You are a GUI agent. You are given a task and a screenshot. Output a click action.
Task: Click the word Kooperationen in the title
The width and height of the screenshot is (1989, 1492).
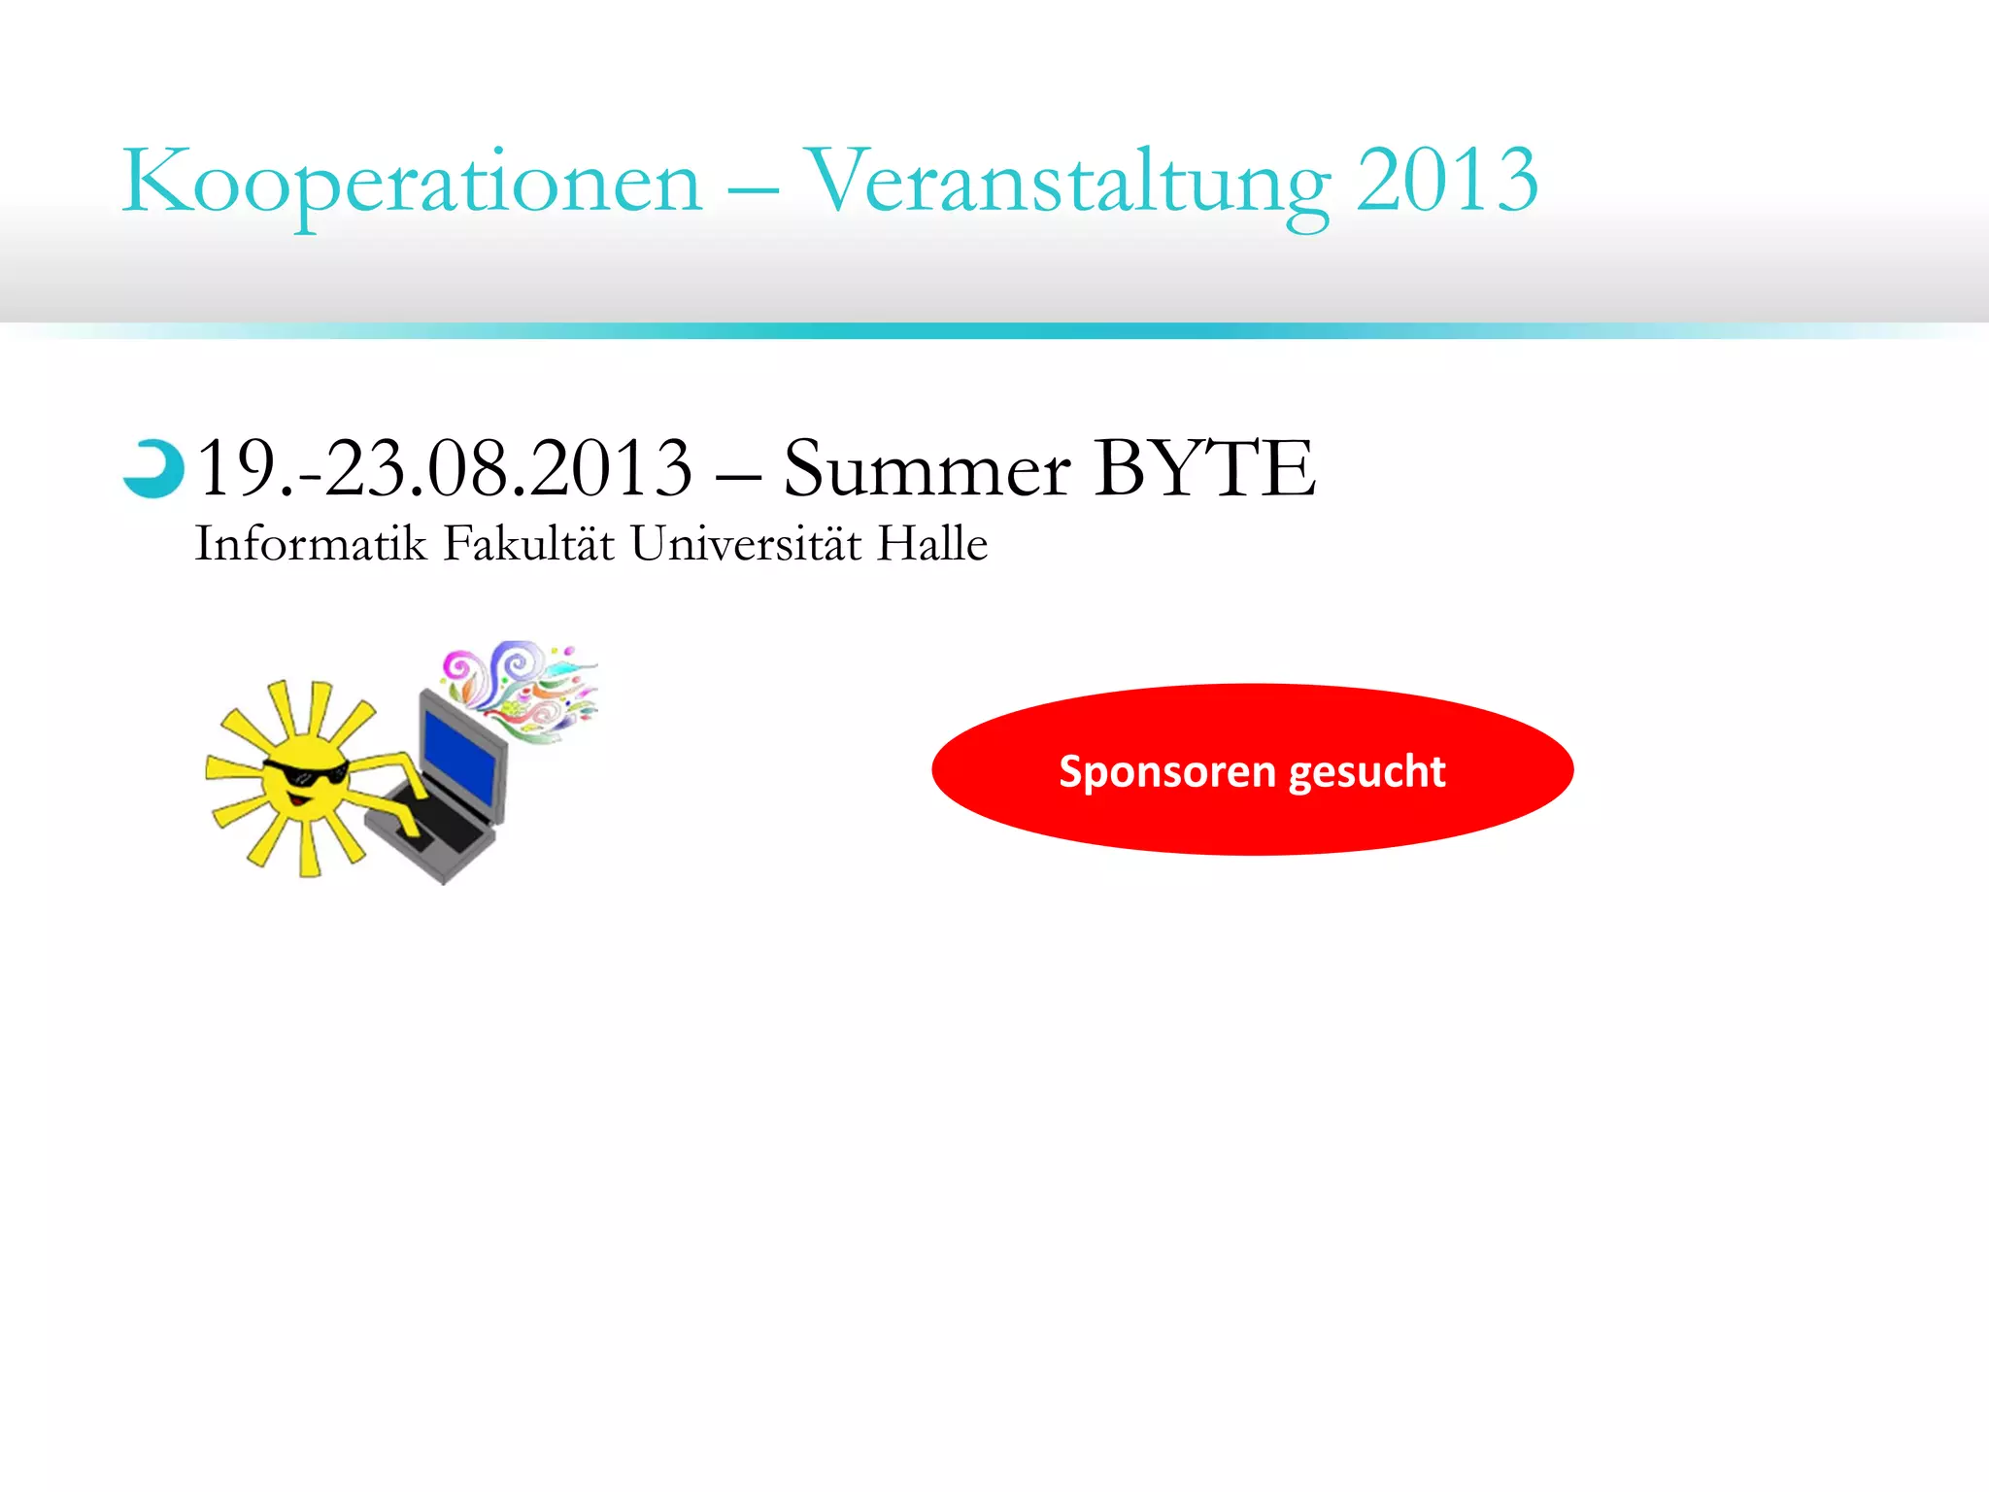(x=411, y=182)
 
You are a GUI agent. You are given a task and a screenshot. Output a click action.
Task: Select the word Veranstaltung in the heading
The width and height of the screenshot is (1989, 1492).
(x=1067, y=182)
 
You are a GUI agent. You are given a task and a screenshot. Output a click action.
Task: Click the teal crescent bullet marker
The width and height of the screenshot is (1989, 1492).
(x=153, y=469)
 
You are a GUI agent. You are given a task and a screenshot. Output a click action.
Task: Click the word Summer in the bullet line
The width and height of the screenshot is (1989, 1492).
(x=927, y=470)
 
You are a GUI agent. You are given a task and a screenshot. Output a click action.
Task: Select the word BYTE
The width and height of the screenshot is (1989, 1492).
(x=1205, y=468)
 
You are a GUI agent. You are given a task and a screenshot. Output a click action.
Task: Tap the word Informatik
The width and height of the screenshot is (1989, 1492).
(x=311, y=543)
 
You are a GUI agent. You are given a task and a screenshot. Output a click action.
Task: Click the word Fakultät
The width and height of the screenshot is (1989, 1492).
(x=528, y=543)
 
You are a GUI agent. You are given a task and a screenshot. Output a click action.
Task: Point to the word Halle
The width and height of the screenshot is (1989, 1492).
(x=931, y=543)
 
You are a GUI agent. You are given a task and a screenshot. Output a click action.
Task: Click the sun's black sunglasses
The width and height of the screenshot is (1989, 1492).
(x=305, y=774)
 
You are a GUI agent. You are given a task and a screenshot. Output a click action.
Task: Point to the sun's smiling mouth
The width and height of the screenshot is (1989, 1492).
(x=300, y=800)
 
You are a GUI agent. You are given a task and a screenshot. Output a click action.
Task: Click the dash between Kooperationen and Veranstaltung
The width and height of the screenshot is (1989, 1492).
(x=753, y=188)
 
